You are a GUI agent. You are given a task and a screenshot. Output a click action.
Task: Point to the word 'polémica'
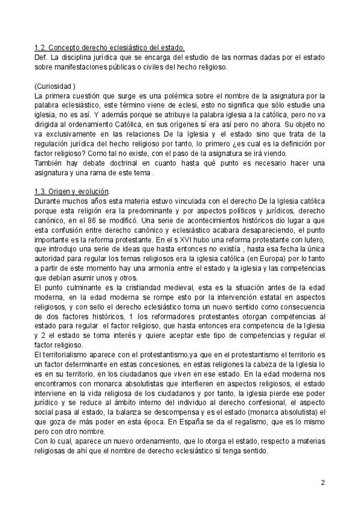[176, 95]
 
